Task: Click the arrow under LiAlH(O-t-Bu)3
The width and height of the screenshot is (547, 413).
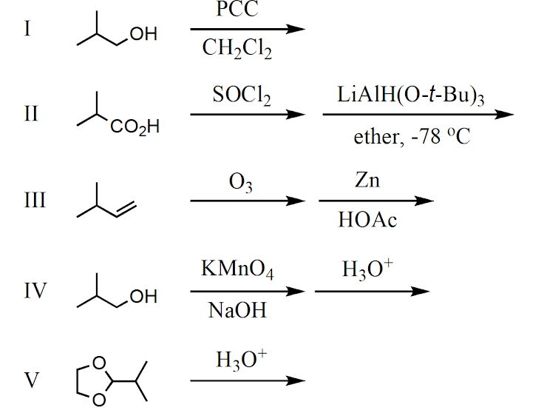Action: [x=418, y=115]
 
